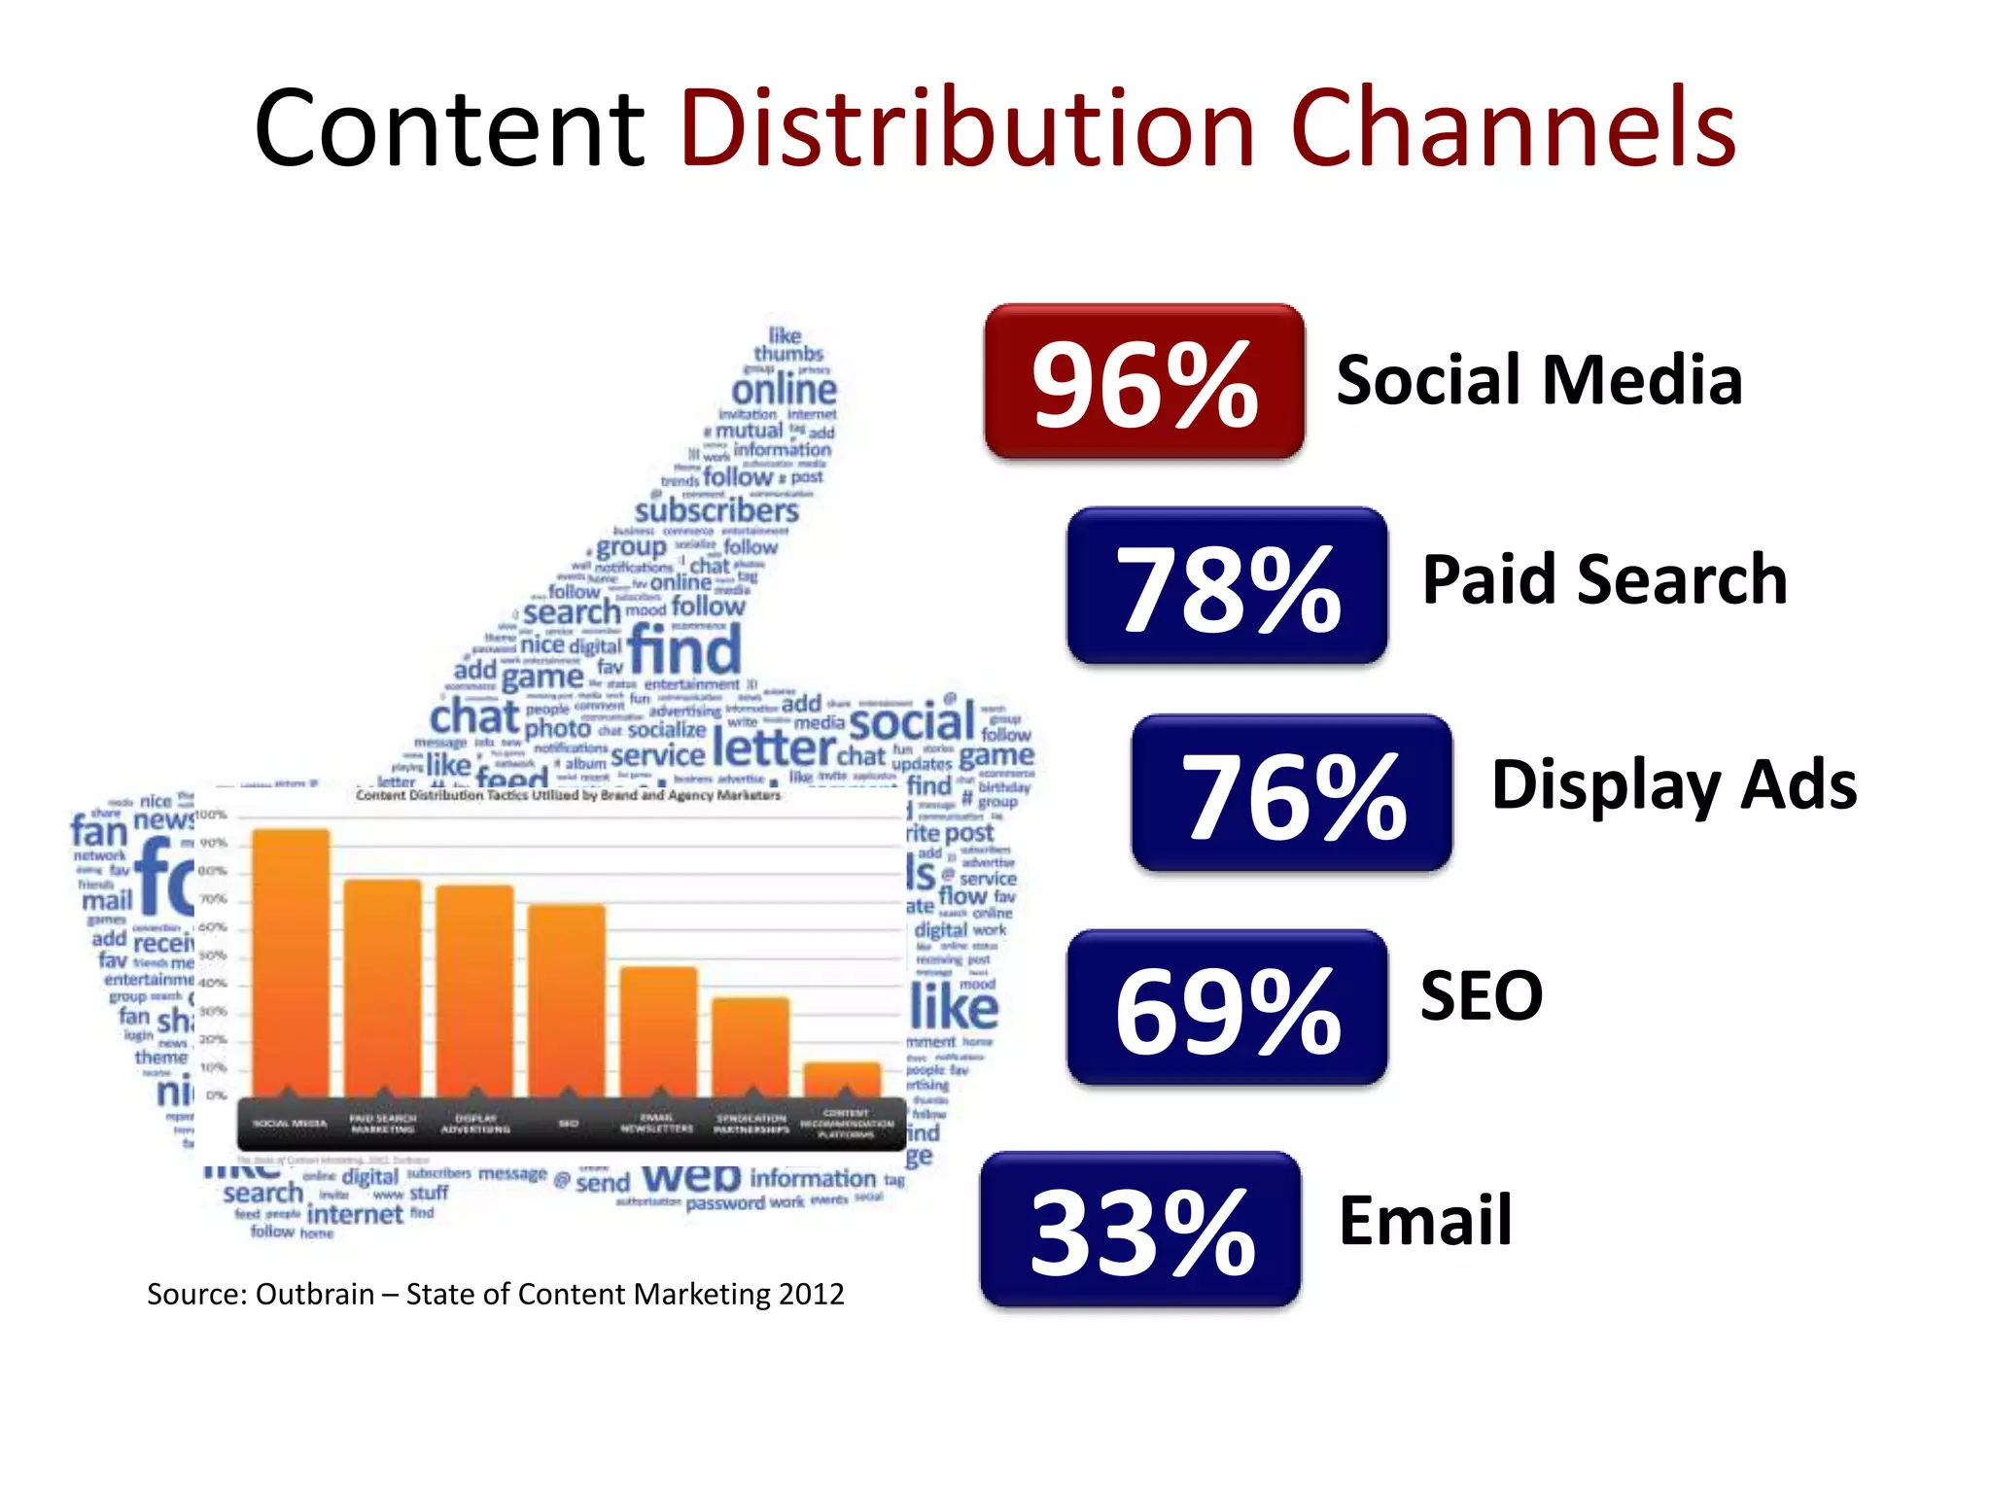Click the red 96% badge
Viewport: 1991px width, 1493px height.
coord(1143,381)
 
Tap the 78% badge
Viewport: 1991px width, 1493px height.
coord(1227,585)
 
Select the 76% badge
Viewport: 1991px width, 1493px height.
coord(1291,793)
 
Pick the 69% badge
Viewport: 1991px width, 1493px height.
coord(1227,1008)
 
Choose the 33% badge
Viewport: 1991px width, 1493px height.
coord(1140,1230)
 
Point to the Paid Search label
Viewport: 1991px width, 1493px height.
coord(1604,579)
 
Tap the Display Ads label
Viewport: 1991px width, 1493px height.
coord(1673,785)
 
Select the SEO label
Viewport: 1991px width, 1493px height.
coord(1481,996)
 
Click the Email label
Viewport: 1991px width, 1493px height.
coord(1425,1220)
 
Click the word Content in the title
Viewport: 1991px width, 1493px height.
coord(449,128)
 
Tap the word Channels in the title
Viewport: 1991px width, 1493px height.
coord(1513,128)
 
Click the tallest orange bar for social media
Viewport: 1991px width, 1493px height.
coord(291,962)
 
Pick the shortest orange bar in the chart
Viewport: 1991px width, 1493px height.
coord(842,1079)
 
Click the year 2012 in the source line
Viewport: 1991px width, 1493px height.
coord(811,1295)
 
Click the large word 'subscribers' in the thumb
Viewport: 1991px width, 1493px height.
coord(716,510)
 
